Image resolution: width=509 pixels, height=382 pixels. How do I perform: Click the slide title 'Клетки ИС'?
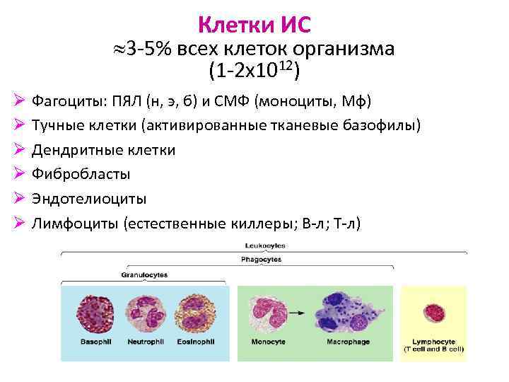254,25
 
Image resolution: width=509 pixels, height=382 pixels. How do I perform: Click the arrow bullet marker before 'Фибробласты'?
20,174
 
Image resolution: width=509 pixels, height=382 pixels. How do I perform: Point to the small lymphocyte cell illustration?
433,313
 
